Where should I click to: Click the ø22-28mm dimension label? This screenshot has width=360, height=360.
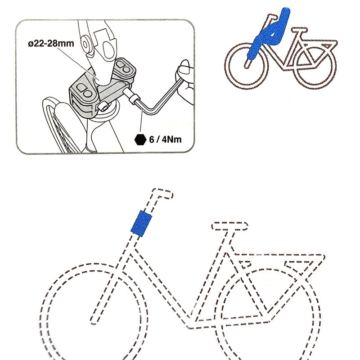pos(51,43)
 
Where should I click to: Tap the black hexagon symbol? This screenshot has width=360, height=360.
pos(140,139)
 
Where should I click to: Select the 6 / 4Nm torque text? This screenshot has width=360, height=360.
pos(165,139)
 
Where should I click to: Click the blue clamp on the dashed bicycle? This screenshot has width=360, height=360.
pos(141,223)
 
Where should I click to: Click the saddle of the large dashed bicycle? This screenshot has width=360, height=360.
pos(229,226)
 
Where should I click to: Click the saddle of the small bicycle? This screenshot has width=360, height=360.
pos(300,30)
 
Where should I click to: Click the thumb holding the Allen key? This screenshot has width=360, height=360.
pos(184,67)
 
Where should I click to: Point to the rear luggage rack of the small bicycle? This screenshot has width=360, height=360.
pos(321,44)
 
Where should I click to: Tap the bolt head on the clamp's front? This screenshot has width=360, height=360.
pos(104,107)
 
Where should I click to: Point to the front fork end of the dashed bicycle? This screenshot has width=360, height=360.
pos(93,321)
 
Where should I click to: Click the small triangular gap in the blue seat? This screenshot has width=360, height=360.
pos(272,35)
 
